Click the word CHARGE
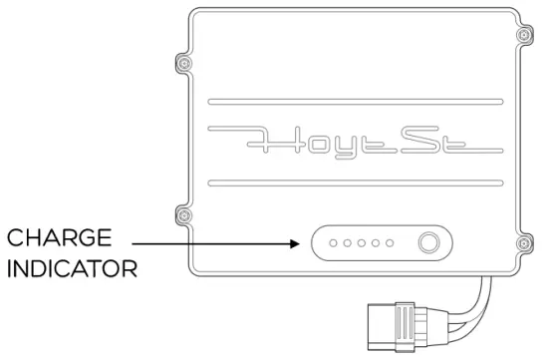[x=60, y=239]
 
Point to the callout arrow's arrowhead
[x=298, y=242]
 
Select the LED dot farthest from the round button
[x=334, y=242]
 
